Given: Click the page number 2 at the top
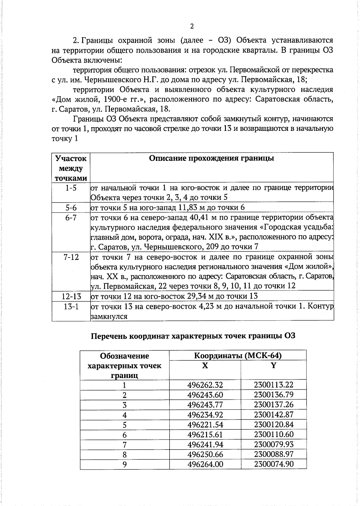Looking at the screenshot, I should click(192, 26).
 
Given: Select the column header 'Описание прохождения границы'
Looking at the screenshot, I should click(211, 158).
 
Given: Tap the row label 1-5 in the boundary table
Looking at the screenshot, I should click(71, 188).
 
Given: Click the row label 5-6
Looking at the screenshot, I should click(71, 208).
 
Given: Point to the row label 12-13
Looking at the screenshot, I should click(71, 296).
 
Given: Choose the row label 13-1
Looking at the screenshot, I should click(71, 307).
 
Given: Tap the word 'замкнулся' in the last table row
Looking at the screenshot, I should click(109, 316).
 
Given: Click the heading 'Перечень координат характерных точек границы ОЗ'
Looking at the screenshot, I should click(193, 336).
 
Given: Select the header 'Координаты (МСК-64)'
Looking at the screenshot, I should click(238, 356).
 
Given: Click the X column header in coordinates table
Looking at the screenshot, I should click(205, 366).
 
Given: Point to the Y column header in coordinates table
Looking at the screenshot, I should click(273, 366).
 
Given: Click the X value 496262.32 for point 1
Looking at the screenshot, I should click(205, 385).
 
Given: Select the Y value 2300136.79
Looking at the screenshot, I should click(274, 395).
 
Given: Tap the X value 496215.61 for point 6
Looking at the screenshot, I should click(205, 434).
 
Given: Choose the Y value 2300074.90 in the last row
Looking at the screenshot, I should click(274, 464).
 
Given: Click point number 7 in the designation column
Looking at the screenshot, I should click(124, 444).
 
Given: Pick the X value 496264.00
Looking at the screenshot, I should click(205, 464).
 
